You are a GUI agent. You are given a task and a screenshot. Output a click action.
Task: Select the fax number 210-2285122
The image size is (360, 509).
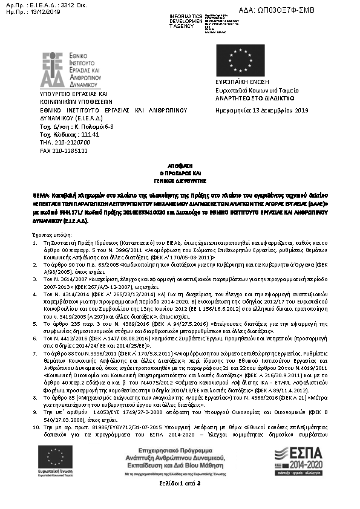71,151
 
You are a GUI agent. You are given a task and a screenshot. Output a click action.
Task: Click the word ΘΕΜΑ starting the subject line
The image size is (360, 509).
41,197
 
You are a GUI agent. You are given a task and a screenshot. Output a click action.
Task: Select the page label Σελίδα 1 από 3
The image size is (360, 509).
180,484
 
